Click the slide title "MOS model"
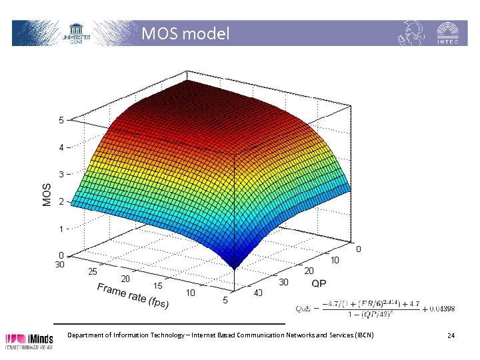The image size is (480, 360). click(185, 33)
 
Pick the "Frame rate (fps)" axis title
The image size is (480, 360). click(133, 295)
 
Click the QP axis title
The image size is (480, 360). click(318, 283)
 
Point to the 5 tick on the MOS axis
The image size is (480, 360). click(61, 121)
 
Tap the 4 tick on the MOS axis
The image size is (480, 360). click(61, 147)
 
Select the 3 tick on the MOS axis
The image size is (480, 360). click(61, 175)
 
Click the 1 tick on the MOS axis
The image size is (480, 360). click(61, 229)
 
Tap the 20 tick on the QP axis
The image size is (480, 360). click(309, 271)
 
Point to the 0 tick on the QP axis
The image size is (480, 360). click(359, 249)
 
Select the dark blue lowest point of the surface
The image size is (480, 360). click(234, 265)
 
